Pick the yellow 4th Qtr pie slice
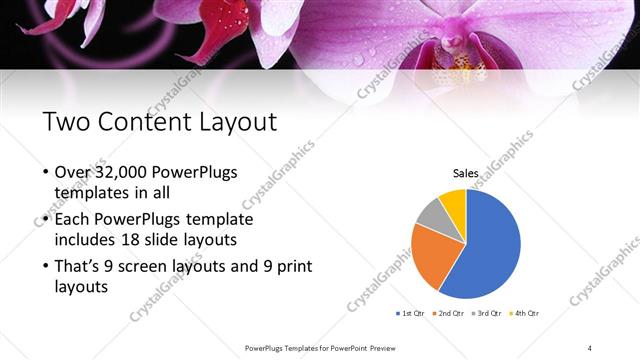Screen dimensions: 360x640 (x=453, y=200)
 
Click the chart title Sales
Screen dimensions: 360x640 (x=466, y=174)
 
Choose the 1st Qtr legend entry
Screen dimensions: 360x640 (x=412, y=314)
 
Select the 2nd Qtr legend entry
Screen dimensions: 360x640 (x=448, y=314)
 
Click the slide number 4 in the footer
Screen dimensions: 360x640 (x=590, y=347)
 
